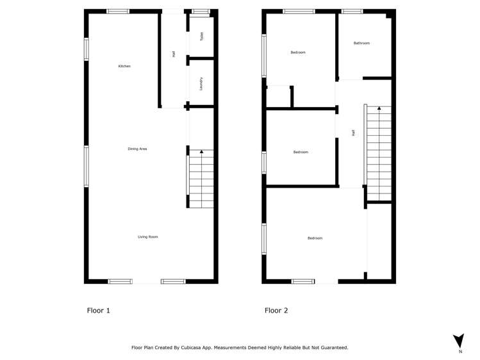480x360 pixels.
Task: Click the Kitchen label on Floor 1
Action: [x=124, y=66]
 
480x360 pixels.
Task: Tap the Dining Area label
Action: [x=138, y=149]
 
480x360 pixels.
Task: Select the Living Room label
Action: [x=147, y=237]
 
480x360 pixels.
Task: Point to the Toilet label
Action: [x=201, y=37]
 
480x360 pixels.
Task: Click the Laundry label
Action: [x=201, y=83]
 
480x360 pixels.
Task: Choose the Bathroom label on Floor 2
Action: [x=361, y=43]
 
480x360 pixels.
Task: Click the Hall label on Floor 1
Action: [x=174, y=54]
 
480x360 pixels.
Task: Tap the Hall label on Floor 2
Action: [x=353, y=133]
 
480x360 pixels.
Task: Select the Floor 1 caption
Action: [x=99, y=311]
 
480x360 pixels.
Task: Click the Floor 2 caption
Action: [x=276, y=311]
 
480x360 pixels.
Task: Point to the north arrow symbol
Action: [x=458, y=341]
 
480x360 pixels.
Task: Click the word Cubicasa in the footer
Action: [x=202, y=347]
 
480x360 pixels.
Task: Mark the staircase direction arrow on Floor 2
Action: [x=379, y=108]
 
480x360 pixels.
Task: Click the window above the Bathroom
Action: [x=352, y=11]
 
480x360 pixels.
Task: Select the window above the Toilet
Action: [x=201, y=11]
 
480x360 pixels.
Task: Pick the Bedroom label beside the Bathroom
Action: [x=298, y=52]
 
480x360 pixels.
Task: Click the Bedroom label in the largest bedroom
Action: [x=315, y=238]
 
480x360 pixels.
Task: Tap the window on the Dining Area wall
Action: [x=87, y=166]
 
